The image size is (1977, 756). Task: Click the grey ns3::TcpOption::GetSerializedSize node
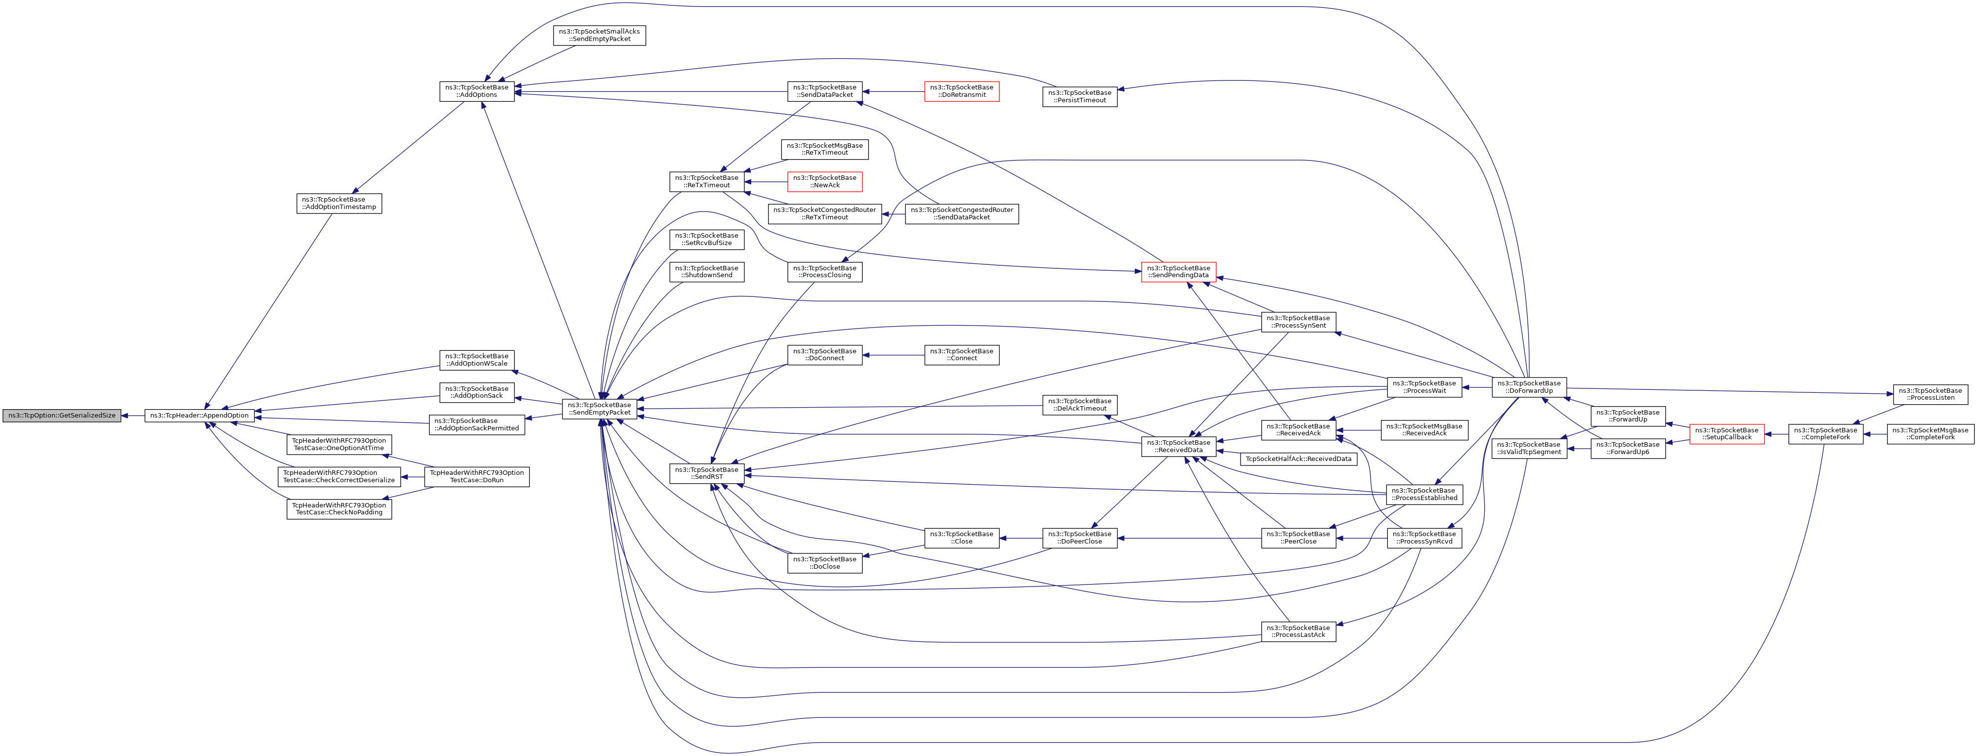61,415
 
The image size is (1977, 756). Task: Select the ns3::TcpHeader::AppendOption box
199,415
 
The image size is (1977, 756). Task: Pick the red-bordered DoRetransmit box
962,91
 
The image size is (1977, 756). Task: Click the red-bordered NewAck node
824,182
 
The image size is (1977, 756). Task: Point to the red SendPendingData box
1178,272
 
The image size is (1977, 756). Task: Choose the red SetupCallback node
1727,434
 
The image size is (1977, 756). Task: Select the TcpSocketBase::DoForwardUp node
1529,387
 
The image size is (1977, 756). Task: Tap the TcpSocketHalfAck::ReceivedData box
1298,459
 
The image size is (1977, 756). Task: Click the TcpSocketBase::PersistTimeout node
1079,97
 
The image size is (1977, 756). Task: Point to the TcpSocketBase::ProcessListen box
1930,394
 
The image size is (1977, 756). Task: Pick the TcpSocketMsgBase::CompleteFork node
1930,434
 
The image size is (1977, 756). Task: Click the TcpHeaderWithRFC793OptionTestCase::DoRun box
476,477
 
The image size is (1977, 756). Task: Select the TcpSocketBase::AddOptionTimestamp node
339,204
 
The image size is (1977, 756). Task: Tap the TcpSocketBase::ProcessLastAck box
1298,631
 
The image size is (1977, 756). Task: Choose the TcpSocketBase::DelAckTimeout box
1079,405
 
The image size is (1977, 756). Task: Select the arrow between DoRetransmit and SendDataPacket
893,91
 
